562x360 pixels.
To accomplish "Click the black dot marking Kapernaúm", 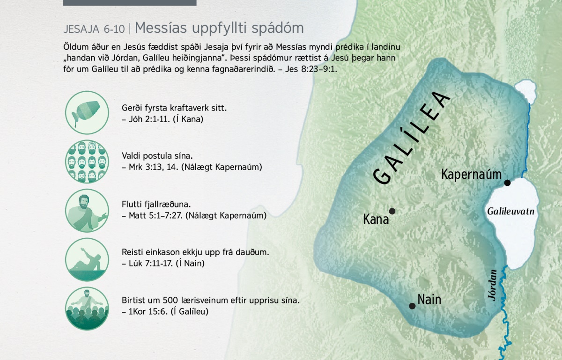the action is point(507,183).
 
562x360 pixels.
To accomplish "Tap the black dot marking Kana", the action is point(392,211).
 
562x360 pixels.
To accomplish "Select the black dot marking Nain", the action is point(412,306).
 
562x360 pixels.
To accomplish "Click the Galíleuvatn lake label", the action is point(510,212).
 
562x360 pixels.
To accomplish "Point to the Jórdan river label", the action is point(493,285).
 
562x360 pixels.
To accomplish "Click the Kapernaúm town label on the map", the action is point(471,174).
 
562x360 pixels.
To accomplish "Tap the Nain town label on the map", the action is point(429,300).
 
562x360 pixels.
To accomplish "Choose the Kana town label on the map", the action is point(376,219).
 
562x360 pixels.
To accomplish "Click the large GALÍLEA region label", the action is point(412,138).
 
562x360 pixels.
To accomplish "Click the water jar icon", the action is point(87,112).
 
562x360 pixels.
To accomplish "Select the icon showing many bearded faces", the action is point(87,162).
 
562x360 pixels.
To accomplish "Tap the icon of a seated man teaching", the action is point(87,211).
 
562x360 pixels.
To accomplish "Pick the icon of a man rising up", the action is point(87,259).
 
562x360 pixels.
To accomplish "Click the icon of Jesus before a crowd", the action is point(87,309).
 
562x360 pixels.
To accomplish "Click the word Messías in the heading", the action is point(161,27).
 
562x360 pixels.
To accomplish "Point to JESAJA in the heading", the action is point(81,29).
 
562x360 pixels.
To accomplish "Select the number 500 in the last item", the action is point(170,300).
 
